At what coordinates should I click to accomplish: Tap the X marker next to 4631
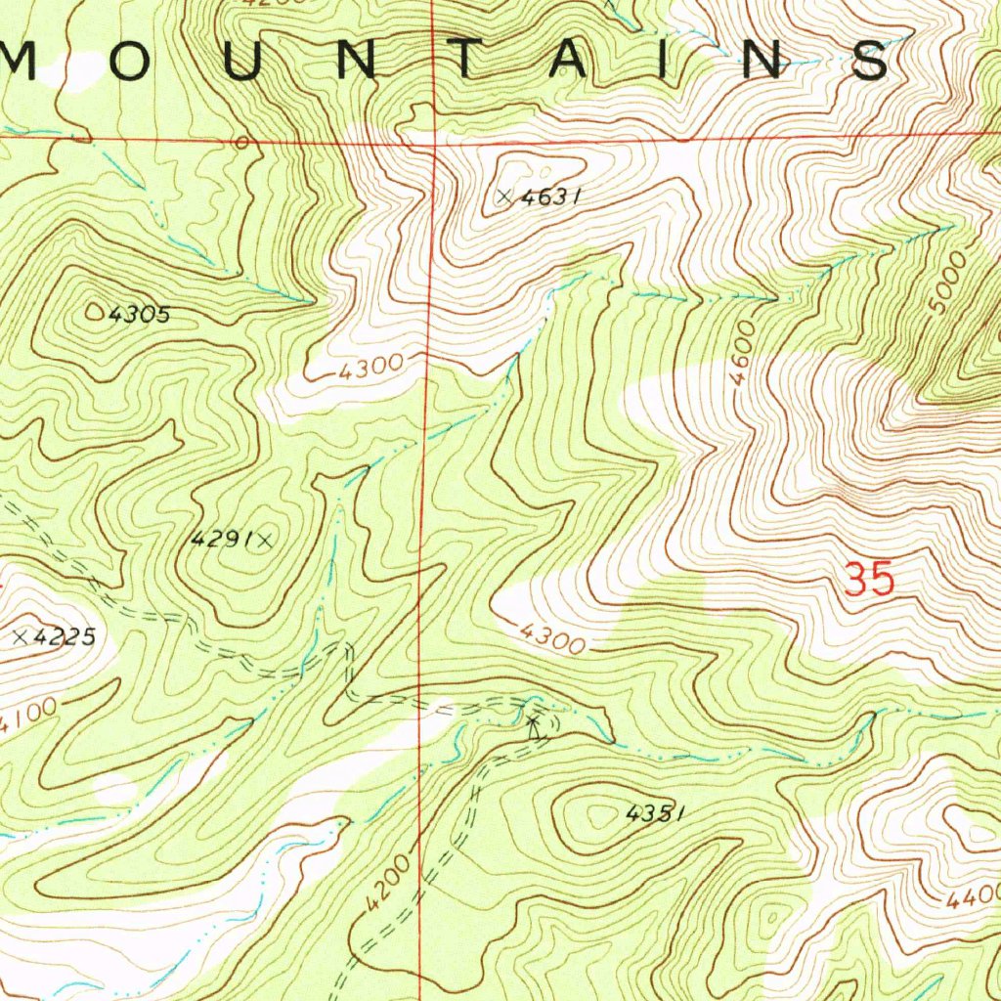pos(504,196)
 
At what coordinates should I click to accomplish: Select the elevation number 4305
pos(140,315)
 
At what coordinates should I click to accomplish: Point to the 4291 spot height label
pos(222,538)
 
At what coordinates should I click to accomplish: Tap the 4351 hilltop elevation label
pos(653,812)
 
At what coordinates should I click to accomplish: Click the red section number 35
pos(869,581)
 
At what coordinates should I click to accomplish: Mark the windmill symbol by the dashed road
pos(533,726)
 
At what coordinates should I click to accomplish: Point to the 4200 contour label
pos(388,887)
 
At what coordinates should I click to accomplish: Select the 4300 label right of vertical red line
pos(553,639)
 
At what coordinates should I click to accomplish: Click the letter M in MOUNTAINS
pos(22,62)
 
